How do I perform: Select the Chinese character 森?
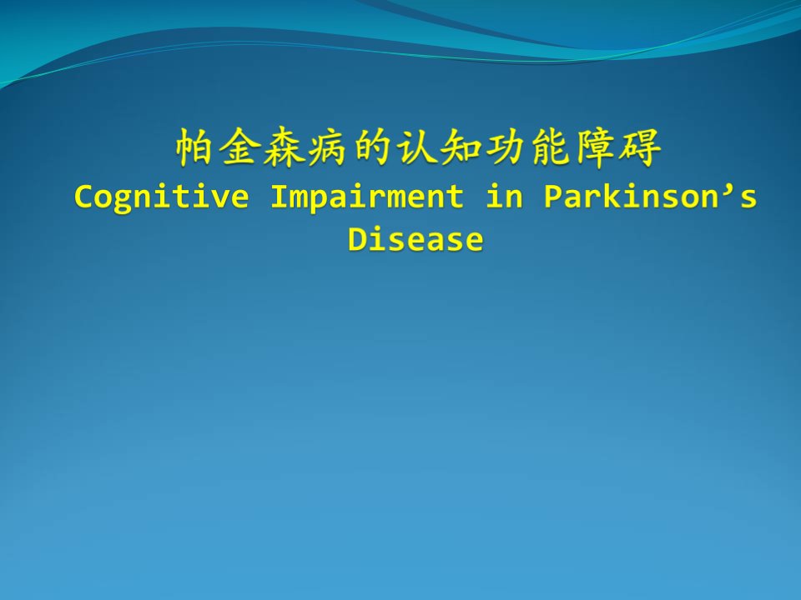(x=283, y=147)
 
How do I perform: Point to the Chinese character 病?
(x=327, y=147)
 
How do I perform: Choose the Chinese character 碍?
(x=640, y=147)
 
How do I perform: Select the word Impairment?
(x=367, y=197)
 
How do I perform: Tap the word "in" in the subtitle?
(x=505, y=196)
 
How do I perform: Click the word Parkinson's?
(x=650, y=196)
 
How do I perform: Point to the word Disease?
(x=416, y=239)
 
